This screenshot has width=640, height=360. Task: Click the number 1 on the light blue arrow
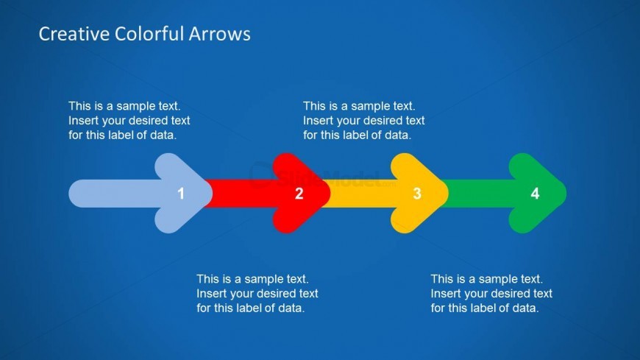181,194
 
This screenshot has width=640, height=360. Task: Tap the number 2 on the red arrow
299,194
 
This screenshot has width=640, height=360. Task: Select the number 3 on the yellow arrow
417,194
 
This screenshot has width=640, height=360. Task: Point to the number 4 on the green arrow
535,194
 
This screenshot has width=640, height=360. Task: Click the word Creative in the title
74,34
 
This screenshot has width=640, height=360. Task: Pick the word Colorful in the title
149,34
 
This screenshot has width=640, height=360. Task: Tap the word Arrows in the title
220,34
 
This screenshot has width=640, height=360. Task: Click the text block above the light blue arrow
129,121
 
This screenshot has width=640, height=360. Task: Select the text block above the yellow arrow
363,121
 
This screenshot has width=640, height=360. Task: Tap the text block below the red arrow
257,294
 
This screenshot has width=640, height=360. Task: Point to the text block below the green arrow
491,294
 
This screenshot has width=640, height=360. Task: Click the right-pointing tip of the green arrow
566,194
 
